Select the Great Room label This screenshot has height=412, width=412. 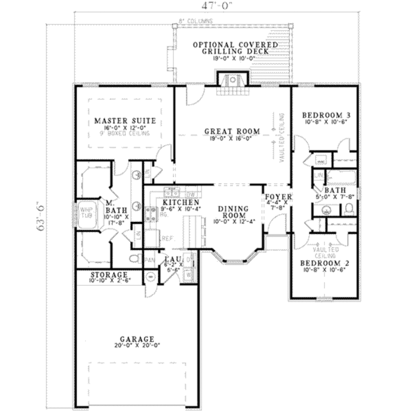coord(232,131)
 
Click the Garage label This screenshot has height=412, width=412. coord(137,339)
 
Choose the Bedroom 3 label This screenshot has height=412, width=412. coord(324,115)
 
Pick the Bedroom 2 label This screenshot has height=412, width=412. coord(325,263)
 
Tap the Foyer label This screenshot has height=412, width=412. coord(278,197)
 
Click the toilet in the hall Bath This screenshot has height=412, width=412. coord(349,209)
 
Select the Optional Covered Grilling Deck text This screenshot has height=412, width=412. coord(235,48)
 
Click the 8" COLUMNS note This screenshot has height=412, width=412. coord(196,21)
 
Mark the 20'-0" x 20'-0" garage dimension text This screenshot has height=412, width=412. coord(137,345)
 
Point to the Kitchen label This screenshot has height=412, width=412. coord(181,202)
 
